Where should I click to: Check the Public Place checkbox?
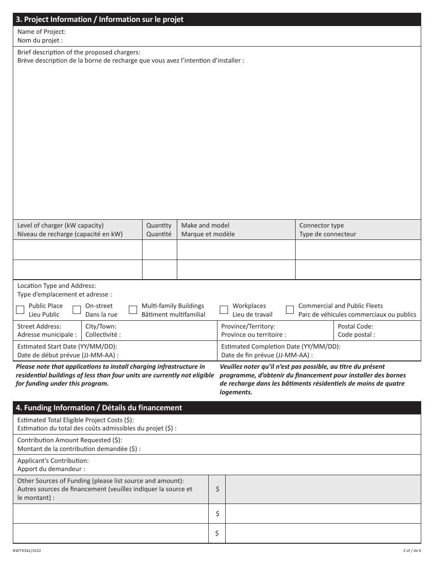(20, 310)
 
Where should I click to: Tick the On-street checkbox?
(77, 310)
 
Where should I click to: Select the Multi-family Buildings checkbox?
(133, 310)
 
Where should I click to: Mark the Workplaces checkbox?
(224, 310)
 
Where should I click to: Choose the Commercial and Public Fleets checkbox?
(290, 310)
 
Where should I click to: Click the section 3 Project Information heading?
(100, 19)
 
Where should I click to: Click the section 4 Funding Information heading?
(99, 408)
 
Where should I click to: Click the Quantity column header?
(159, 229)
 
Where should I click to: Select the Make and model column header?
(208, 229)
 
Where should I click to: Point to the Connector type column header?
(327, 229)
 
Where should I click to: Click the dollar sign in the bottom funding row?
(217, 533)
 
